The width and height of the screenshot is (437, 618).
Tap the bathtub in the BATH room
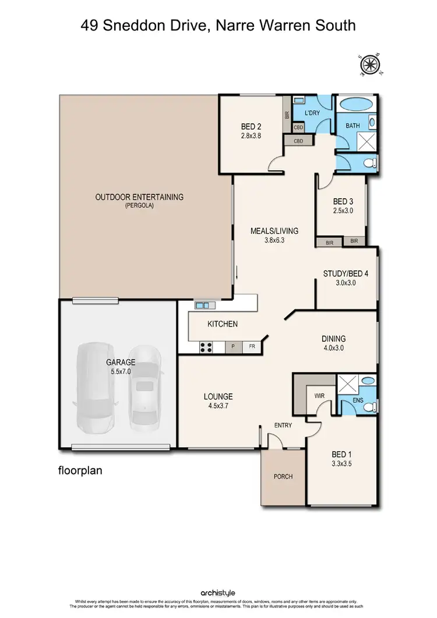coord(356,107)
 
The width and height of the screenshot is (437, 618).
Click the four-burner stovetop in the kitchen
coord(206,347)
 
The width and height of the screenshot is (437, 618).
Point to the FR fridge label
coord(252,347)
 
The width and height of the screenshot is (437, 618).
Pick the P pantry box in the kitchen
coord(233,347)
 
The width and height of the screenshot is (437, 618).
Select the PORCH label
coord(283,476)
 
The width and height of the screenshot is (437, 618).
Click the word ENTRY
coord(283,426)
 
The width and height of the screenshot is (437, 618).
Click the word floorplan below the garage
coord(80,469)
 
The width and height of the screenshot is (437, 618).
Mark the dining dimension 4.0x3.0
coord(333,347)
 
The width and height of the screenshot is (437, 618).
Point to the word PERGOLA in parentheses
coord(139,206)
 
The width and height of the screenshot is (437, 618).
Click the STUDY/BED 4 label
coord(344,273)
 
